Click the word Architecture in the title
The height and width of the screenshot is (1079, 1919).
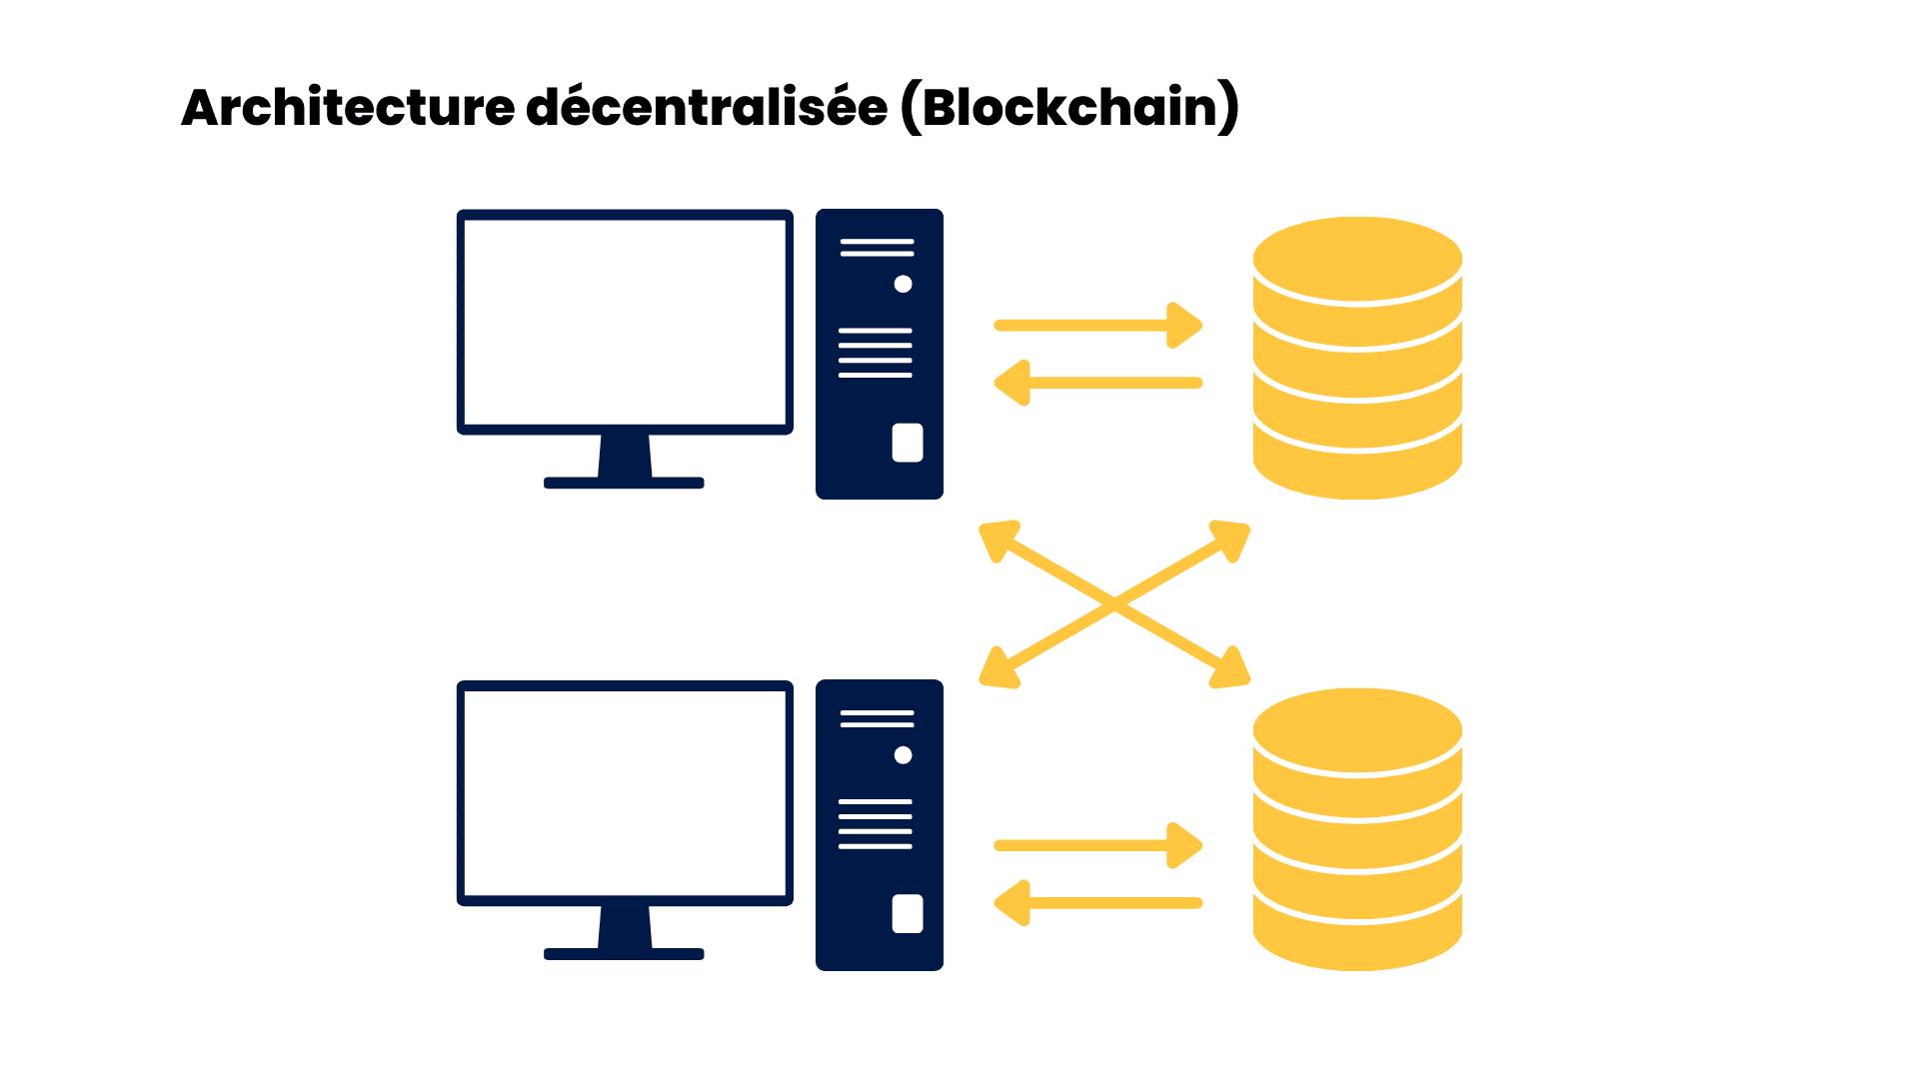[348, 108]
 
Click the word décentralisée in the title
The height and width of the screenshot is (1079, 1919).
[707, 108]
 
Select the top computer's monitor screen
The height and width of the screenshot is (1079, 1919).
[625, 322]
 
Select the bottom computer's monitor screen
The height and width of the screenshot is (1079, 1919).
[625, 793]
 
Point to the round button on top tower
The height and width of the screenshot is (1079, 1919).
[903, 284]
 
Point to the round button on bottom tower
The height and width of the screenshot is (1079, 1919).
[903, 755]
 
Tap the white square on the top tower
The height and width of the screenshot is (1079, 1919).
[908, 443]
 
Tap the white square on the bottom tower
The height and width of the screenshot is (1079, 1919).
[908, 913]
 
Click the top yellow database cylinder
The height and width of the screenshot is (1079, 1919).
[1357, 358]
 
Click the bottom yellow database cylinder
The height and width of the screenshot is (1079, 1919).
[1357, 829]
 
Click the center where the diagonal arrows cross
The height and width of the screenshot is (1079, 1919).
[1114, 603]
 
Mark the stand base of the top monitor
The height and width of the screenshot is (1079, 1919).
[624, 483]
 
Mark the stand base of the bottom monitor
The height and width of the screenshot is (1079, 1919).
[624, 954]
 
